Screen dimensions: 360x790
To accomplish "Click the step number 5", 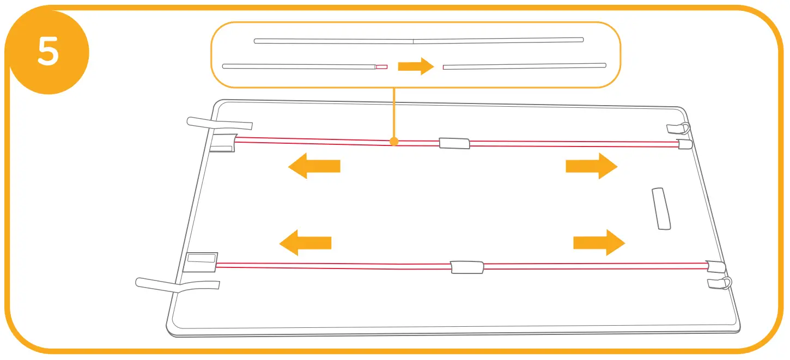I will coord(48,53).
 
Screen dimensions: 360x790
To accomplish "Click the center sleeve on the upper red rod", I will coord(454,143).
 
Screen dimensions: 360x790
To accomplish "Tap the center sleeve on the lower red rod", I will coord(467,267).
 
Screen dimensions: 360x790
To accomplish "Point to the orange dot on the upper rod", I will coord(394,142).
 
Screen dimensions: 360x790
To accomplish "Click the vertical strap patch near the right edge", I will coord(661,209).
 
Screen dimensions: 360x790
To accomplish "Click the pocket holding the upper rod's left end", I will coord(222,142).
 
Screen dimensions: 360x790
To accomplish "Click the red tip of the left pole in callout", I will coord(381,66).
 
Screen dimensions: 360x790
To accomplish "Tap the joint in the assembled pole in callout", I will coord(413,40).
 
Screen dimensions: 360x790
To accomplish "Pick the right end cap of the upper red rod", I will coord(684,144).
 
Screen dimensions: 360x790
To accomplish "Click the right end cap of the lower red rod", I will coord(715,267).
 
